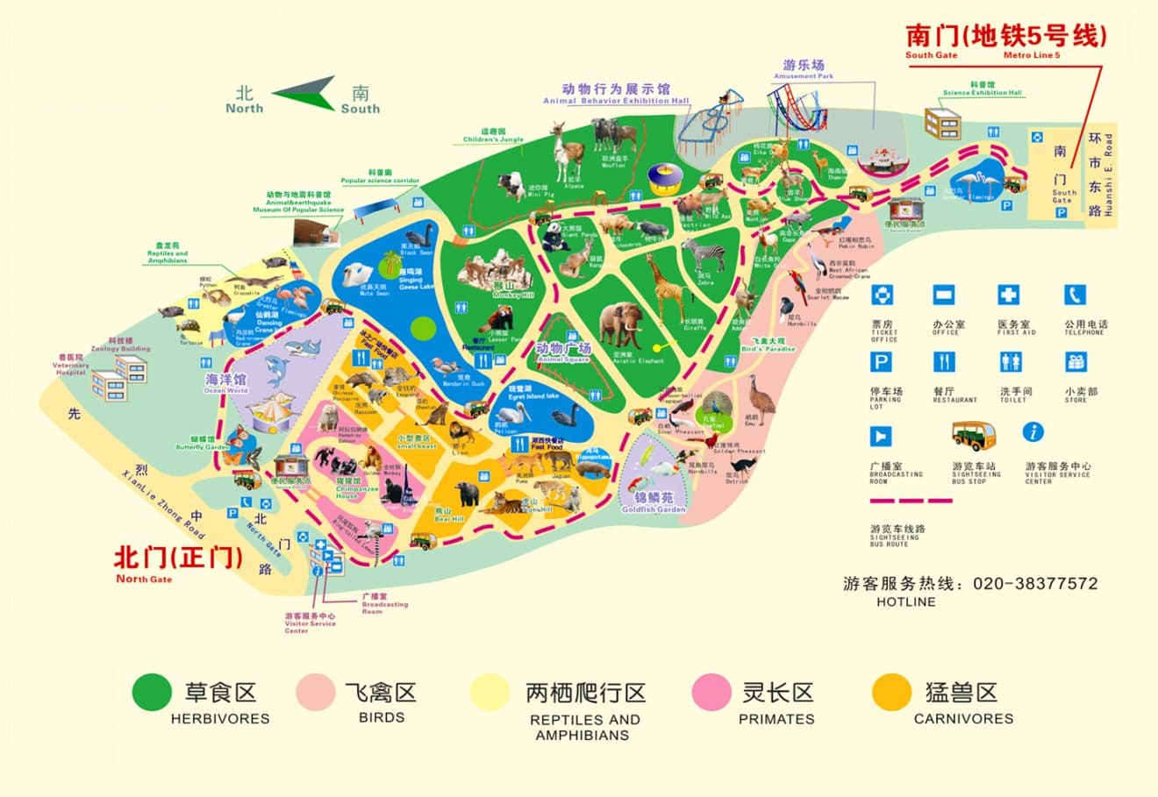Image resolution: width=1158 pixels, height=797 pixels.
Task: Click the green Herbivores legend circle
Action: tap(152, 693)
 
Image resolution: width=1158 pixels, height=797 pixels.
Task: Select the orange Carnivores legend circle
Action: tap(891, 693)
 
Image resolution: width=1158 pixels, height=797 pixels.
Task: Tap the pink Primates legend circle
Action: tap(711, 693)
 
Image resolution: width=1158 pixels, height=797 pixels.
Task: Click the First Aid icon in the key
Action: tap(1009, 295)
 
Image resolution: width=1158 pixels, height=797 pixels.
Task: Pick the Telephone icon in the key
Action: tap(1075, 295)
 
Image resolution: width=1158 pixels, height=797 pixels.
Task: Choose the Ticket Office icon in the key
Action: tap(881, 295)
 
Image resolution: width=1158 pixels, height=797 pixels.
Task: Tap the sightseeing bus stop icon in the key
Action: tap(973, 435)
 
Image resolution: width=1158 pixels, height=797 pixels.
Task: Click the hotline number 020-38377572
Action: tap(1034, 584)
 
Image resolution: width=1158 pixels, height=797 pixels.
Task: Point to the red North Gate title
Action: tap(178, 558)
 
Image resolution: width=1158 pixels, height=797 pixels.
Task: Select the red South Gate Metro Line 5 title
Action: tap(1005, 36)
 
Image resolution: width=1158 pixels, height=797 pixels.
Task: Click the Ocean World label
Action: tap(225, 382)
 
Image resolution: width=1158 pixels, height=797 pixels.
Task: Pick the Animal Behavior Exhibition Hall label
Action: tap(615, 93)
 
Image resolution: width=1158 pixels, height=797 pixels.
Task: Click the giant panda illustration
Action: tap(554, 235)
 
